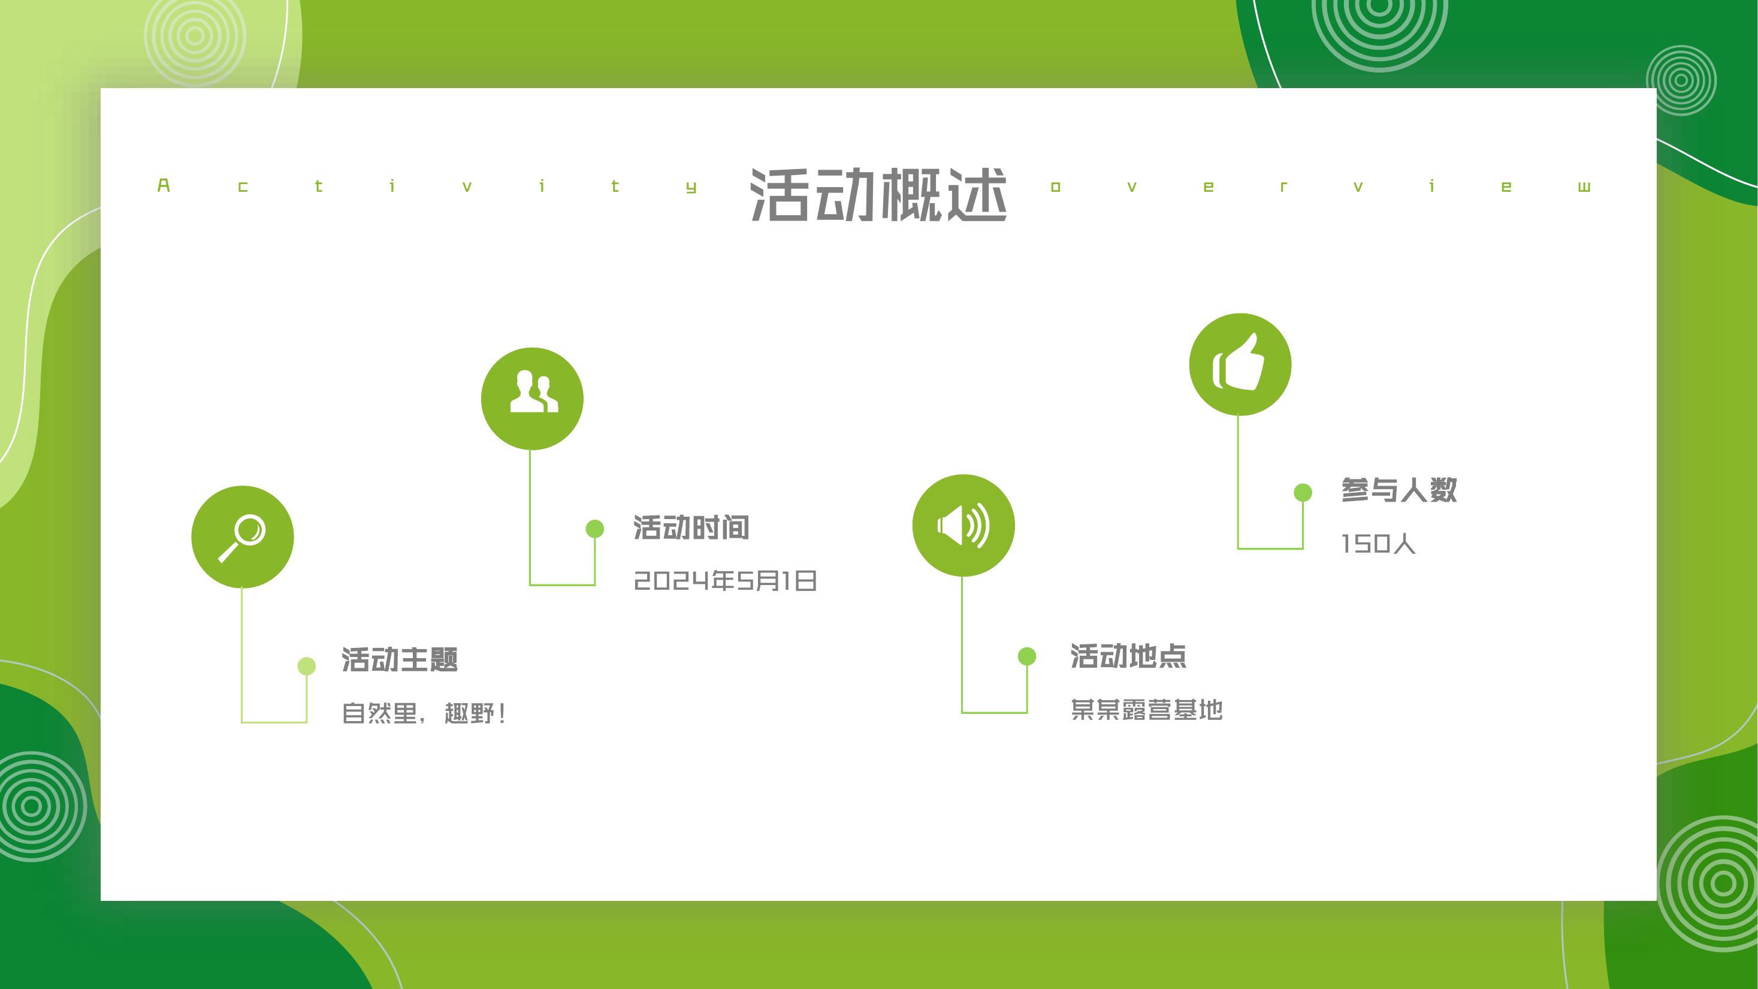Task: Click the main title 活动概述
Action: pyautogui.click(x=878, y=195)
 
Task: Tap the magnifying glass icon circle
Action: pyautogui.click(x=242, y=537)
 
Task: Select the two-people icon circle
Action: pyautogui.click(x=532, y=399)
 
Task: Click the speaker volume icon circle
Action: pyautogui.click(x=963, y=526)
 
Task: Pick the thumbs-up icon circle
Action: pyautogui.click(x=1240, y=364)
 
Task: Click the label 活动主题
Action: pyautogui.click(x=400, y=659)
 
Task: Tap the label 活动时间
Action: pyautogui.click(x=691, y=527)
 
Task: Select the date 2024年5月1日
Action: pyautogui.click(x=726, y=581)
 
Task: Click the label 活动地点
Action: pyautogui.click(x=1129, y=656)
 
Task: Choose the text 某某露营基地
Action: pyautogui.click(x=1146, y=710)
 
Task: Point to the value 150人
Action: pyautogui.click(x=1379, y=544)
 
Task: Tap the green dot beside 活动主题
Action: pyautogui.click(x=306, y=666)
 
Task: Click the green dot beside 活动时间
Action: pyautogui.click(x=595, y=528)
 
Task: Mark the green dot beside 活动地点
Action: pyautogui.click(x=1027, y=656)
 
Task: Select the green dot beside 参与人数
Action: pyautogui.click(x=1303, y=492)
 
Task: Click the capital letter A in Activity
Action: pyautogui.click(x=164, y=186)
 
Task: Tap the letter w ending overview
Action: pyautogui.click(x=1584, y=187)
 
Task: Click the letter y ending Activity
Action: pyautogui.click(x=691, y=188)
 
